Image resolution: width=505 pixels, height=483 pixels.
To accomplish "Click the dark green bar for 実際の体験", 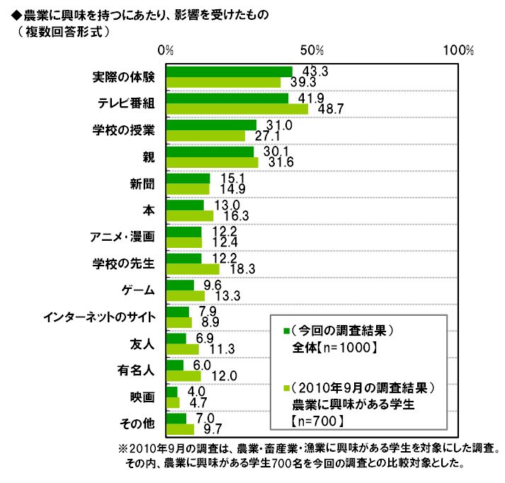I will [229, 72].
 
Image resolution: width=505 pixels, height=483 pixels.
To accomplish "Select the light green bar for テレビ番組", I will [237, 109].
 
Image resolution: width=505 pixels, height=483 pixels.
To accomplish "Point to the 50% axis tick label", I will [312, 51].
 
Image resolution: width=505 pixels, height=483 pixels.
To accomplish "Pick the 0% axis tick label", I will [166, 51].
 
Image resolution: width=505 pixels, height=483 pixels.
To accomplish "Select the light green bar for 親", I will [212, 163].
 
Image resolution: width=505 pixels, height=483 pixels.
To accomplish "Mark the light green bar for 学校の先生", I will [193, 269].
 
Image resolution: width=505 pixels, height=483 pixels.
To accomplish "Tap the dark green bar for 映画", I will [171, 392].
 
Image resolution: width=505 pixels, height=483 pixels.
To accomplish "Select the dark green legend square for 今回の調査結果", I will [285, 331].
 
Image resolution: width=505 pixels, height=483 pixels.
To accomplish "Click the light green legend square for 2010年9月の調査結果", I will [285, 389].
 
